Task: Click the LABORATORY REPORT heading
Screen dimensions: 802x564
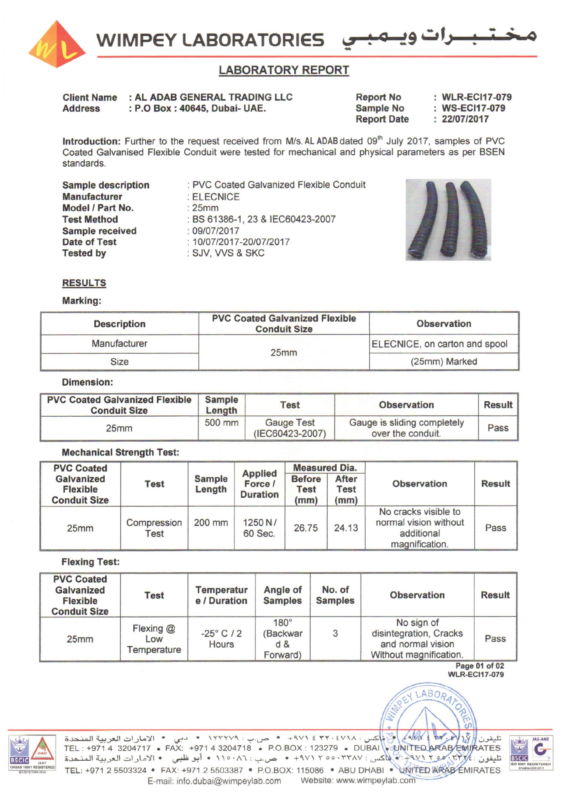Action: (x=284, y=70)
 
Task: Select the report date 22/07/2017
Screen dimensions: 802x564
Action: (x=465, y=119)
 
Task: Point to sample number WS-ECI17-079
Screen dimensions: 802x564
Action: (x=473, y=108)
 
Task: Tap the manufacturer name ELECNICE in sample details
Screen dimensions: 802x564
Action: (x=216, y=197)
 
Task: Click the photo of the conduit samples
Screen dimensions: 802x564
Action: (x=448, y=220)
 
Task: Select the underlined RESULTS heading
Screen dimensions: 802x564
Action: (x=84, y=283)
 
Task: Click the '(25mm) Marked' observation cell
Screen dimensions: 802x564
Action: (x=443, y=361)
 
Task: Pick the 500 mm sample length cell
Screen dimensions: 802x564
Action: (x=221, y=423)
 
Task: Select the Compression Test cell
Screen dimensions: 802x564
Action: (x=154, y=528)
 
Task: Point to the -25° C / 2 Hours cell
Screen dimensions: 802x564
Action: (x=221, y=638)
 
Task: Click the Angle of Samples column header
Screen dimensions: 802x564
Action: (x=282, y=595)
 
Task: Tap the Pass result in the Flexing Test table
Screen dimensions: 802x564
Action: (x=495, y=638)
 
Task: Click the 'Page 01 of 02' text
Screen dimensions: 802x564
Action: (x=479, y=666)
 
